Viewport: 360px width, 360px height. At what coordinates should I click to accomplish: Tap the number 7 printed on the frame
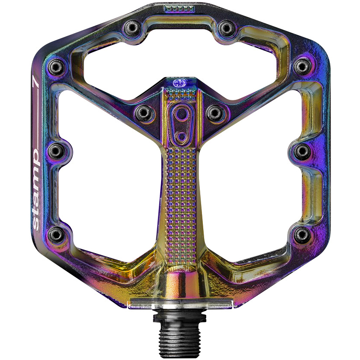[37, 82]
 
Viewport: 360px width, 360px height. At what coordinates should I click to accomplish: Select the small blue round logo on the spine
[178, 83]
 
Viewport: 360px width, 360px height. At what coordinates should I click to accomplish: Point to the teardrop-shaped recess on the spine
[179, 122]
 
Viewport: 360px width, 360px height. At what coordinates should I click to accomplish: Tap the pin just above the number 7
[57, 67]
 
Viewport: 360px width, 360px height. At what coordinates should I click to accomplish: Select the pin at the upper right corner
[302, 66]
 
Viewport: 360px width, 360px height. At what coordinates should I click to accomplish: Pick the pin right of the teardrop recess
[214, 113]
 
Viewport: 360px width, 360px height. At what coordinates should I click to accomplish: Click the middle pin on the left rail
[56, 150]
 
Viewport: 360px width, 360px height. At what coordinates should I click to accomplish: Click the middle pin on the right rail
[303, 150]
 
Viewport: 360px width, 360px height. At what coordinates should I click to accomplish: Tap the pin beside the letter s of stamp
[56, 234]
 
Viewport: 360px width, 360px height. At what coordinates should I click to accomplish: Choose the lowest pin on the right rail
[303, 234]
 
